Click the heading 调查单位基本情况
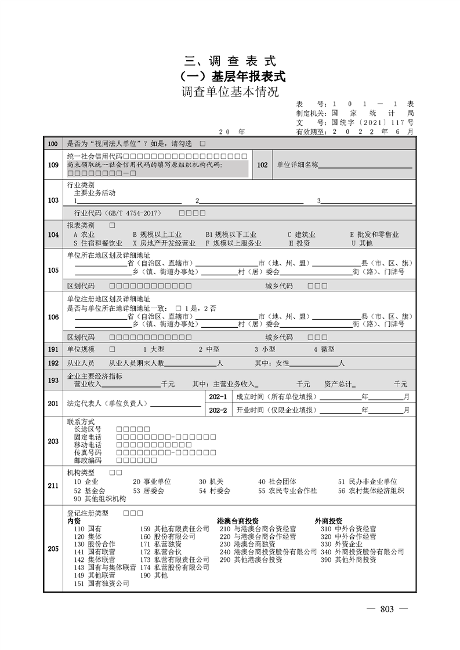(230, 92)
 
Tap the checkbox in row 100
(202, 143)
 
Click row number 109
(53, 165)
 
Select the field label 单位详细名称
(297, 165)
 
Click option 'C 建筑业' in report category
(302, 235)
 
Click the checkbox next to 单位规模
(111, 349)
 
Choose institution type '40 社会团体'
(277, 481)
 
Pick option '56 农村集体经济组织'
(371, 490)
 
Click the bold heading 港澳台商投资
(238, 520)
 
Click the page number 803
(387, 609)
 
